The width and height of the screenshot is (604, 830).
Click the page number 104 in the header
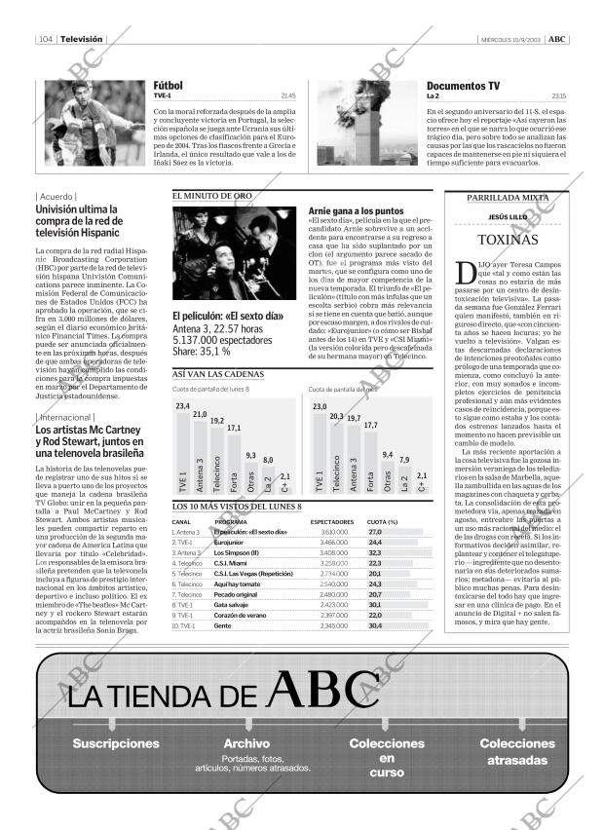[45, 39]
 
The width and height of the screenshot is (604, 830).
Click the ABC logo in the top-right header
[555, 39]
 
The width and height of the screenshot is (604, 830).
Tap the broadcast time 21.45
[287, 96]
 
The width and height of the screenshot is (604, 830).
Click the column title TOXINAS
[507, 240]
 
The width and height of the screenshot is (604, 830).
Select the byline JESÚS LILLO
[507, 216]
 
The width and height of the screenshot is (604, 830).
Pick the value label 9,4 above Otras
[388, 455]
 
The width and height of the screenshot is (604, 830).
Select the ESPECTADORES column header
[331, 522]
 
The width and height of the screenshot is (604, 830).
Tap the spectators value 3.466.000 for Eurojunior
[334, 543]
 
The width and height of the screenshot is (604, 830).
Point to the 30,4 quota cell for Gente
[375, 625]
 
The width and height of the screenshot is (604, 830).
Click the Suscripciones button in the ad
[116, 743]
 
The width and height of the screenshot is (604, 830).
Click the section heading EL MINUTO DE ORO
[211, 196]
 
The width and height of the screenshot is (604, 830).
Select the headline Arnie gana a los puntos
[355, 210]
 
